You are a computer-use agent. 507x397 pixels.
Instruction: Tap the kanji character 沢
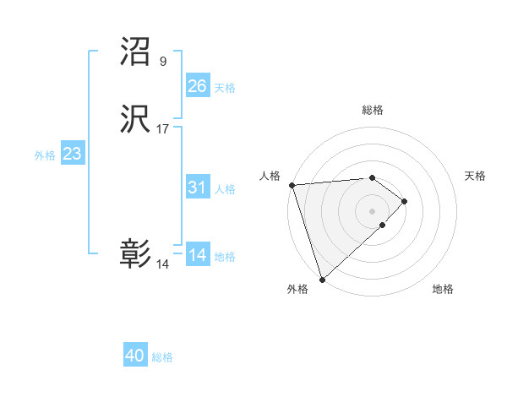coord(135,121)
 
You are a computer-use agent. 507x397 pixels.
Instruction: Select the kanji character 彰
coord(135,254)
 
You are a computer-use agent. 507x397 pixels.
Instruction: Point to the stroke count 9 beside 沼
coord(162,61)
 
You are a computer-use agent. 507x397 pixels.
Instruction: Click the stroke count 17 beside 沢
coord(162,129)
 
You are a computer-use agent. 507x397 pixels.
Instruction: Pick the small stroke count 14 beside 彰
coord(162,264)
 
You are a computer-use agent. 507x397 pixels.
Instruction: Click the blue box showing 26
coord(197,86)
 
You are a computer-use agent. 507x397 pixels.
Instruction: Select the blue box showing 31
coord(197,188)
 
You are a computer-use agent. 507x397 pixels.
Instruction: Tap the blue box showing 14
coord(197,255)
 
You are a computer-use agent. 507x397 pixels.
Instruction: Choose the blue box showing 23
coord(72,154)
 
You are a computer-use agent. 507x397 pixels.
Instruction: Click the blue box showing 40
coord(135,356)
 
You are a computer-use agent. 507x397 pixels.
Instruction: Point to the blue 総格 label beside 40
coord(162,358)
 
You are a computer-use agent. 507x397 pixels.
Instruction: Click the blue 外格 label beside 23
coord(45,155)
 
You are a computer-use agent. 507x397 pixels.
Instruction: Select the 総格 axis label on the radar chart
coord(373,110)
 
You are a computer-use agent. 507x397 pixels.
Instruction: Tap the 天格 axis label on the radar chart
coord(476,176)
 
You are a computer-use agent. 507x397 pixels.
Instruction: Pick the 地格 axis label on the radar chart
coord(443,289)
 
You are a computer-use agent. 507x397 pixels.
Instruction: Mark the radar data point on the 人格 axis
coord(292,185)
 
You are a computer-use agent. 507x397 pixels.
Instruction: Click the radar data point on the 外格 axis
coord(321,280)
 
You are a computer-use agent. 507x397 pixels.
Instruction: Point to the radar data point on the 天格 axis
coord(406,201)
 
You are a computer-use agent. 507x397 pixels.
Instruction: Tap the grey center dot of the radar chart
coord(372,210)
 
